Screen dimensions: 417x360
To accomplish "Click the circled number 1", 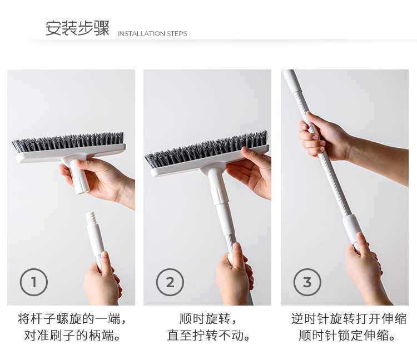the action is [34, 282].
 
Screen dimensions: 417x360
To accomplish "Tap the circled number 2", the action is [170, 282].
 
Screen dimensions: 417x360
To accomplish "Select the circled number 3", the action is [307, 282].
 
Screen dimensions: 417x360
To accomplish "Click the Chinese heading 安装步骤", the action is [77, 28].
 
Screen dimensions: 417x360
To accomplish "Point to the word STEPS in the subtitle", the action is [177, 34].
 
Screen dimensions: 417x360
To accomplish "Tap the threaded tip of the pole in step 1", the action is [90, 219].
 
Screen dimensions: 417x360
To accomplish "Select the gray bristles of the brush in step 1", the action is [68, 142].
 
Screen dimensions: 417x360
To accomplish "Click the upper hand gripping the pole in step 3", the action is [324, 137].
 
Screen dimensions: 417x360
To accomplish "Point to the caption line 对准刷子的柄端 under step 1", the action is [72, 336].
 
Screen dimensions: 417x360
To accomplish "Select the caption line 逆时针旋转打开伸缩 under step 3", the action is [349, 318].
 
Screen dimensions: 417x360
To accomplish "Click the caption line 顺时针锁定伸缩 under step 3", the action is [348, 336].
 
